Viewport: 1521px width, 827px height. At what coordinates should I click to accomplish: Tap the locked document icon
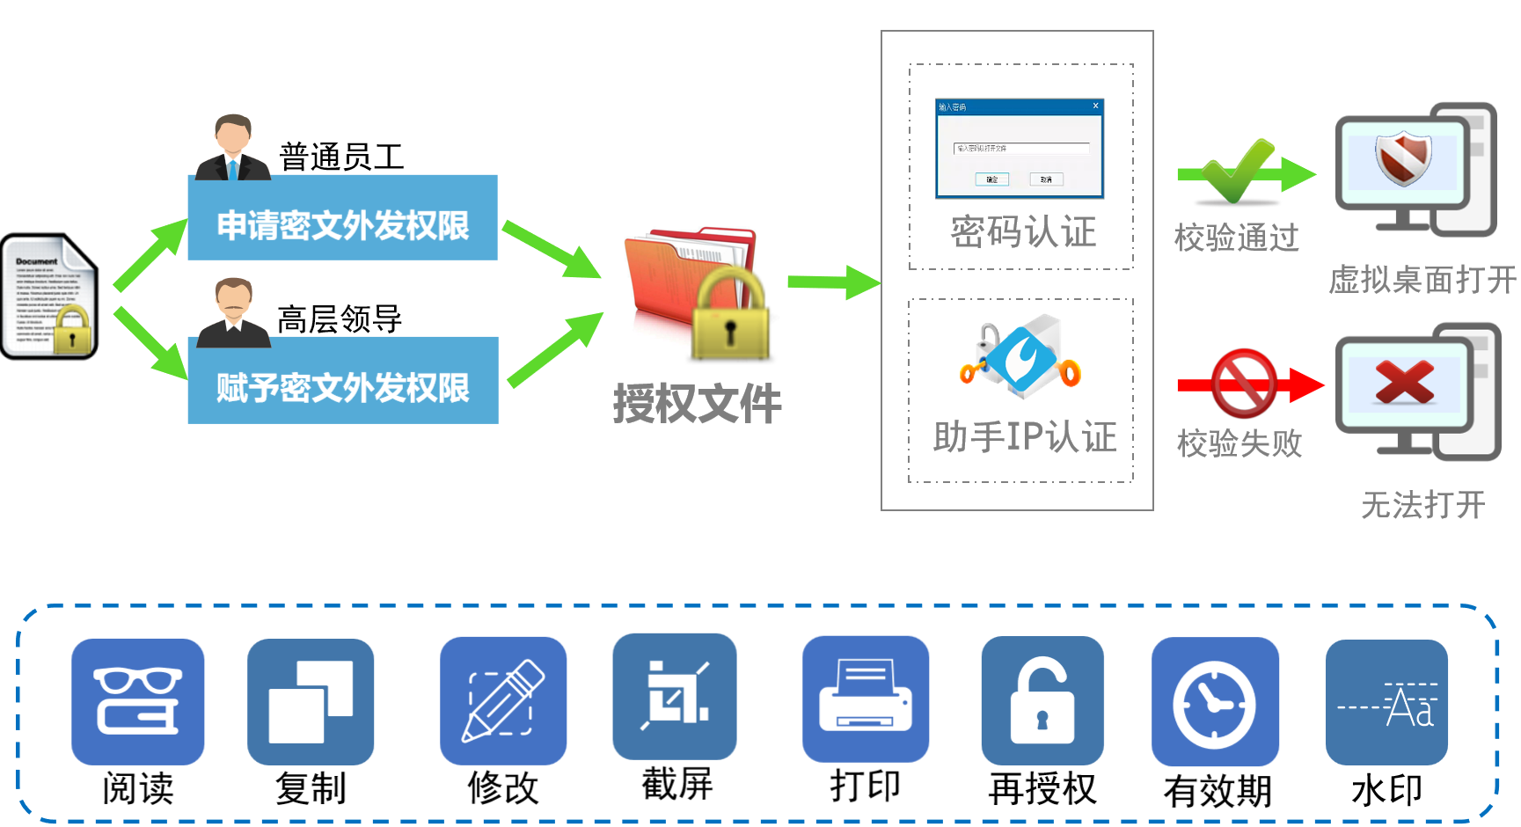tap(50, 296)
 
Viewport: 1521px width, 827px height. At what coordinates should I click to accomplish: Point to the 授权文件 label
tap(697, 404)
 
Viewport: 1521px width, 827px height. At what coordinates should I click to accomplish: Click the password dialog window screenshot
tap(1020, 148)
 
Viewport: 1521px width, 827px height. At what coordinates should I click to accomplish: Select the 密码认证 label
tap(1023, 232)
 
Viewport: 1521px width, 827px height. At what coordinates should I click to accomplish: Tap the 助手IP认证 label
tap(1025, 437)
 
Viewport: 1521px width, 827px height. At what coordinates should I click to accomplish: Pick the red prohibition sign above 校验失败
tap(1245, 384)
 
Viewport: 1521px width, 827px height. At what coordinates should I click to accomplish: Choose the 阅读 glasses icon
tap(138, 701)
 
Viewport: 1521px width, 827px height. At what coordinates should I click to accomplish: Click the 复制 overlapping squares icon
tap(311, 701)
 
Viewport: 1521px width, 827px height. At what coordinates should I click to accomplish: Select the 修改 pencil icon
tap(503, 700)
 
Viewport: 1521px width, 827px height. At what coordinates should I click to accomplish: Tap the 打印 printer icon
tap(866, 699)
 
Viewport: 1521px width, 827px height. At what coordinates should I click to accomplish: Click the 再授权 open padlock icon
tap(1042, 700)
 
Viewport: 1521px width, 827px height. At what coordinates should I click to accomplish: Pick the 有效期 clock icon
tap(1215, 701)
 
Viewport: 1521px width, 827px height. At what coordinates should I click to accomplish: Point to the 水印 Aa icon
tap(1386, 702)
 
